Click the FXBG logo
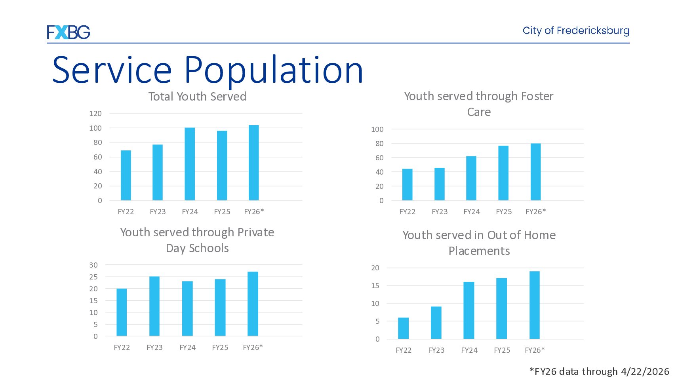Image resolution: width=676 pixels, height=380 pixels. coord(69,32)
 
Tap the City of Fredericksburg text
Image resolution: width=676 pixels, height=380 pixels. coord(576,31)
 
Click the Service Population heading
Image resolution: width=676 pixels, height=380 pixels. coord(208,70)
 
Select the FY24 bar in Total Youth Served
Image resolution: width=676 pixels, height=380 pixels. coord(190,164)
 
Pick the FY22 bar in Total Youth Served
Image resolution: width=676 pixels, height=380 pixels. coord(126,175)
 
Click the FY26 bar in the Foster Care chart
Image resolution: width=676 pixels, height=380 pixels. coord(536,172)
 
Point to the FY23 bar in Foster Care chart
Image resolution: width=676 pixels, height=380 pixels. coord(440,184)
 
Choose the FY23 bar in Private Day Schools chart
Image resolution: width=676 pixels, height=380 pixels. coord(154,306)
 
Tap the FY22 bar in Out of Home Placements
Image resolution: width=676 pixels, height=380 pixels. coord(404,328)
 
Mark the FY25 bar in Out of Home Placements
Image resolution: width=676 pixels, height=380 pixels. coord(502,308)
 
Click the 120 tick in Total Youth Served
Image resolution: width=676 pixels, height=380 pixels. coord(95,113)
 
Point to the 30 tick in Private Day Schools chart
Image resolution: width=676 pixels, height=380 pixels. coord(93,265)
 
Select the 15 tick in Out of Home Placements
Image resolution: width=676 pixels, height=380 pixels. coord(375,286)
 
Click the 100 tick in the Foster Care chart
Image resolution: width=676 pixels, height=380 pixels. coord(377,129)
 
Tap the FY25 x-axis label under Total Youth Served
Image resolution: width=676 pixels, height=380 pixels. coord(222,212)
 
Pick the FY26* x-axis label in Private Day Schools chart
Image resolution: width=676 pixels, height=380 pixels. coord(253,348)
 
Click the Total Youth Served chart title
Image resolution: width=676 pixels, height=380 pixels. coord(197,97)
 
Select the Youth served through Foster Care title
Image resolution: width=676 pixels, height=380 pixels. coord(479,104)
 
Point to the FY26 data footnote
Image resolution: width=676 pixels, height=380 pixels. coord(599,371)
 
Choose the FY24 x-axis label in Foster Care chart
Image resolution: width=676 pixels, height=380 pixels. coord(472,212)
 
